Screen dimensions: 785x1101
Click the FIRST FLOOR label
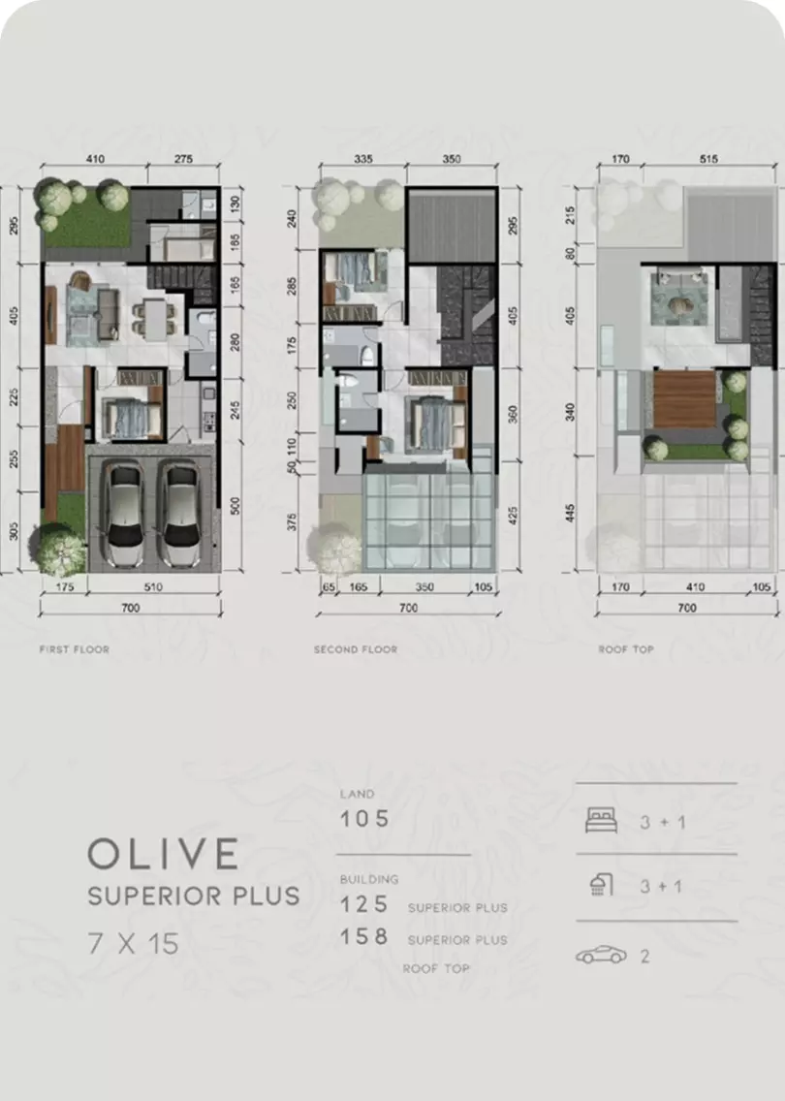(x=75, y=649)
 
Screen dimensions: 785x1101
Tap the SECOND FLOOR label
(x=356, y=649)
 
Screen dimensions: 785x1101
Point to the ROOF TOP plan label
(x=626, y=649)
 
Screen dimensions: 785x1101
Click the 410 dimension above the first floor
(x=95, y=159)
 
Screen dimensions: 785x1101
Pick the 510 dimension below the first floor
(x=153, y=587)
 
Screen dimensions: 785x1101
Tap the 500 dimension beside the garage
(x=235, y=506)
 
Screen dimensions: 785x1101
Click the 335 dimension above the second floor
(x=363, y=159)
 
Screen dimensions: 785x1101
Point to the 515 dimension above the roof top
(x=708, y=159)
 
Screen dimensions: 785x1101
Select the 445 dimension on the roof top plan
(x=570, y=514)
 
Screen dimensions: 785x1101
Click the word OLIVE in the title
(x=164, y=854)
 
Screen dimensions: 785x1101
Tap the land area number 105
(x=364, y=819)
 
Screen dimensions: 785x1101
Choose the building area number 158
(x=364, y=936)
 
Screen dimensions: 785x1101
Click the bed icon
(x=602, y=819)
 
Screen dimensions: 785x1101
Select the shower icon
(x=601, y=885)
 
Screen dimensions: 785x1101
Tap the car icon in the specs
(x=601, y=955)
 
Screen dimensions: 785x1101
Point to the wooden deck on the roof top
(x=684, y=399)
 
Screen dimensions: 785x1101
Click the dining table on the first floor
(x=155, y=319)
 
